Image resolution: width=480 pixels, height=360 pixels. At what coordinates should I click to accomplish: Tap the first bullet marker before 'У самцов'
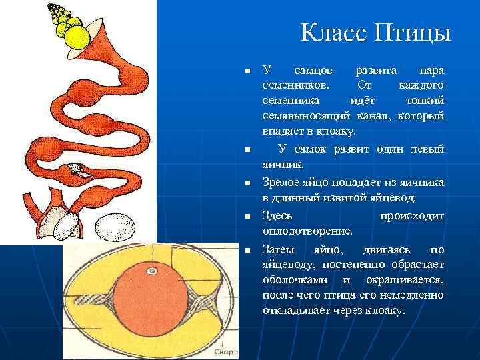[247, 71]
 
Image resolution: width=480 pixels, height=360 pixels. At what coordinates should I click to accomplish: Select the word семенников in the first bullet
[294, 85]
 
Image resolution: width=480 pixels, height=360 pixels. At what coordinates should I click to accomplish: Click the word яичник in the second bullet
[281, 163]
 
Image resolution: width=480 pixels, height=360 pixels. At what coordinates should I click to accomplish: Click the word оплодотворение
[307, 231]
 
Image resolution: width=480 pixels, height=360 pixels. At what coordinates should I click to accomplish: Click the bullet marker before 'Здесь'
[247, 217]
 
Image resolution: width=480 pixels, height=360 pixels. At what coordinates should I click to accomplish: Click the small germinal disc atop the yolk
[152, 271]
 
